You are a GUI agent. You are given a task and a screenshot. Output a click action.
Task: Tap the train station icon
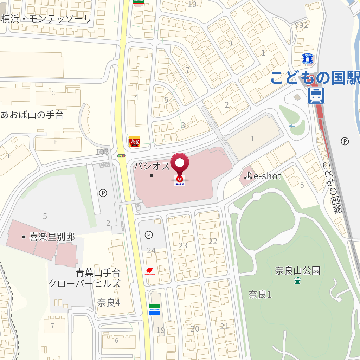316,96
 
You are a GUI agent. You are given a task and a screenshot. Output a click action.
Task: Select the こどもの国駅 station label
315,78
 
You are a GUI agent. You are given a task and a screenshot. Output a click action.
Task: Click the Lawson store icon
308,59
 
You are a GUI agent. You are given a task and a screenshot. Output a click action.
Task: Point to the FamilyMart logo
155,309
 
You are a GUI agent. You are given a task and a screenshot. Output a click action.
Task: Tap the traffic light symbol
121,155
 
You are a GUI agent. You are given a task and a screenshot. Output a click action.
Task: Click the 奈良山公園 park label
297,270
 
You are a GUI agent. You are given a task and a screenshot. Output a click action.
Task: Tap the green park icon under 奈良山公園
297,281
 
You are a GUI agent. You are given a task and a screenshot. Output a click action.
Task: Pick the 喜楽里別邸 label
52,237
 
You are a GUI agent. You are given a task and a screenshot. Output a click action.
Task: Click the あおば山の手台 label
32,115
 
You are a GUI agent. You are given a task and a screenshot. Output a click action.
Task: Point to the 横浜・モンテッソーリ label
46,19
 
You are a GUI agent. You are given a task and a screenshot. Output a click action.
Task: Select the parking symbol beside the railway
345,141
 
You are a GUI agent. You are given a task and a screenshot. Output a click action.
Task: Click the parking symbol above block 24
149,234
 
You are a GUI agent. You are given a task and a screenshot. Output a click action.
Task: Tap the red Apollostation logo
150,271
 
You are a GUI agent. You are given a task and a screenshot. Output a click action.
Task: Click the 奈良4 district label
109,302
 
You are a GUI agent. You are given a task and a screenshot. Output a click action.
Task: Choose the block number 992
301,25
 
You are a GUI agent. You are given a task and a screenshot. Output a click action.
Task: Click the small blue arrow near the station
292,126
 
